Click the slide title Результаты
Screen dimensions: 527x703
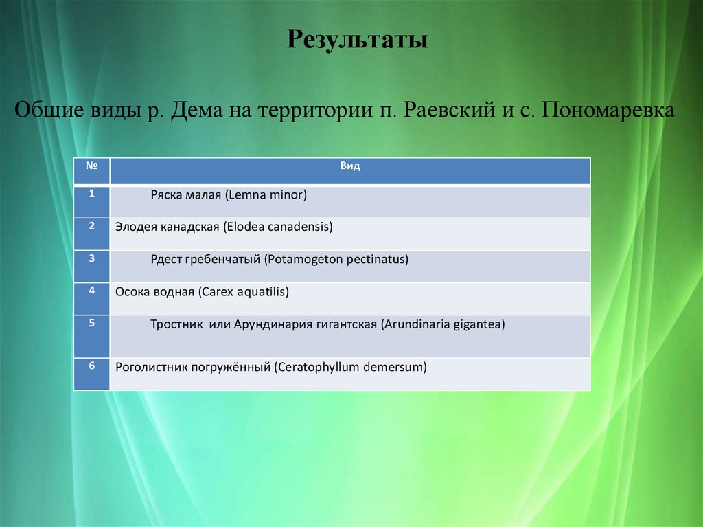pos(357,39)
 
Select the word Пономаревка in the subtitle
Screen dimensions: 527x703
pos(608,110)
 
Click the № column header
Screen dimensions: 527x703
pos(91,166)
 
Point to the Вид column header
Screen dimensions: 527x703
pos(349,166)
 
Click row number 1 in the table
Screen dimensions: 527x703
pos(91,193)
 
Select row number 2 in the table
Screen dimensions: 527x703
pos(91,225)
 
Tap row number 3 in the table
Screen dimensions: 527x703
pos(91,258)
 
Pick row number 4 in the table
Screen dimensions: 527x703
pos(91,290)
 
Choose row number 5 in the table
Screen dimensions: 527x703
pos(91,322)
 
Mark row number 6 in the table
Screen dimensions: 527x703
pos(91,366)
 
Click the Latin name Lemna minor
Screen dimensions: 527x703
pos(265,195)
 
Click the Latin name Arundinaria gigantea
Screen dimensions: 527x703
pos(443,324)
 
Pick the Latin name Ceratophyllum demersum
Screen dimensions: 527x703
pos(350,368)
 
